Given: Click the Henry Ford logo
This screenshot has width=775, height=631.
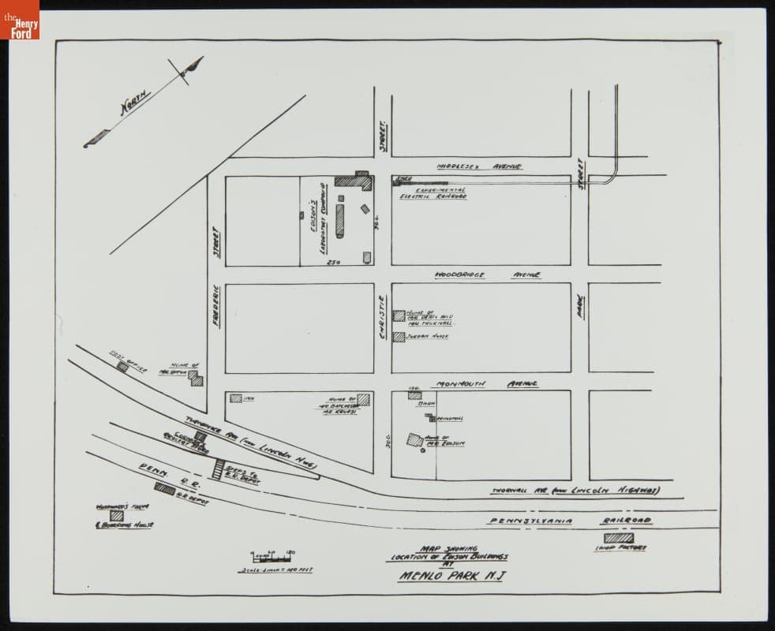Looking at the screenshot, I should [x=19, y=19].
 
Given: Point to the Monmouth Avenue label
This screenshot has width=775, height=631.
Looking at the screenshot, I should [x=485, y=383].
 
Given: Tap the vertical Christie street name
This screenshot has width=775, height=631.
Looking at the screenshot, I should [x=383, y=317].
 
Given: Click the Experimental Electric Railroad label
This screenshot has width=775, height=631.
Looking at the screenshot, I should [x=432, y=193].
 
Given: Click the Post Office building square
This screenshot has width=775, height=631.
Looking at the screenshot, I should [x=122, y=367].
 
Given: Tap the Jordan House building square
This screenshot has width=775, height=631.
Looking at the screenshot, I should [x=399, y=337].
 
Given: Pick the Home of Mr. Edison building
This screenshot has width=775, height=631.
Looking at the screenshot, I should [x=414, y=439].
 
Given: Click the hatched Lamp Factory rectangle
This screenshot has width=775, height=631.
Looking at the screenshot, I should [x=612, y=537].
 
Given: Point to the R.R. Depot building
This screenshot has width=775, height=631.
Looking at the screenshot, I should [x=164, y=488].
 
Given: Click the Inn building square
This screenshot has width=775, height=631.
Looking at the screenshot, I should [x=235, y=398].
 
